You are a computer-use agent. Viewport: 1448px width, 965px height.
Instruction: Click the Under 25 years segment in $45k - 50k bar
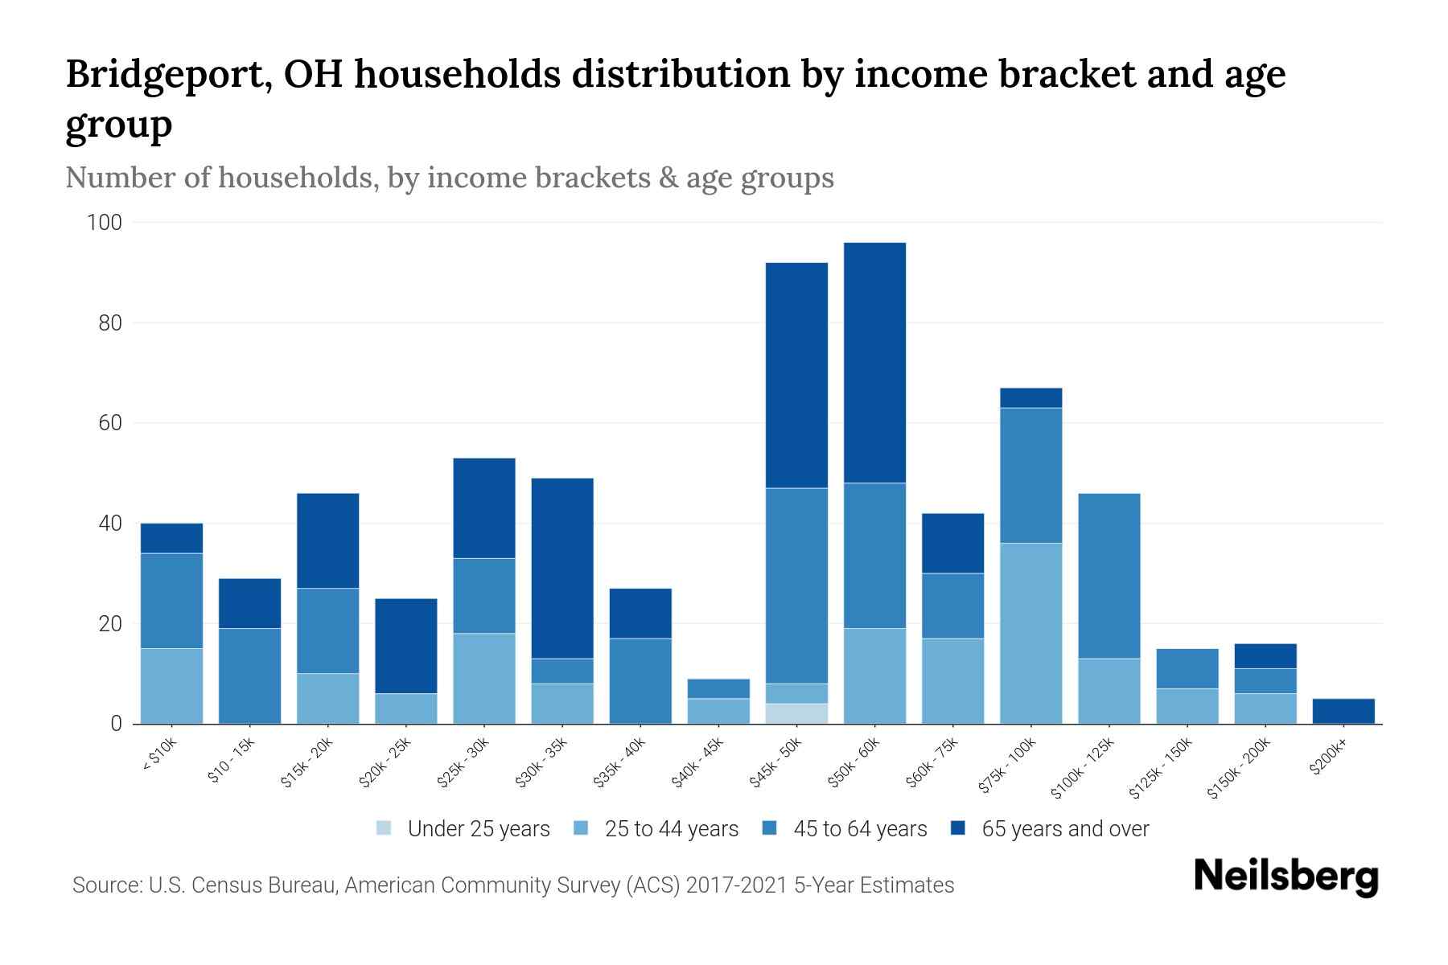pyautogui.click(x=796, y=713)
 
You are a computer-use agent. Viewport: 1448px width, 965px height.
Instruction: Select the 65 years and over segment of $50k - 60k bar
pyautogui.click(x=874, y=363)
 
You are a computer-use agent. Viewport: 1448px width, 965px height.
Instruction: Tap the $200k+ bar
pyautogui.click(x=1343, y=711)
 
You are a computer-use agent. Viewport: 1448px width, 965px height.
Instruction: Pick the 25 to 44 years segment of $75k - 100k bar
pyautogui.click(x=1030, y=634)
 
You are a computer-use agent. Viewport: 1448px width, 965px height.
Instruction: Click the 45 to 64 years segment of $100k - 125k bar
pyautogui.click(x=1109, y=576)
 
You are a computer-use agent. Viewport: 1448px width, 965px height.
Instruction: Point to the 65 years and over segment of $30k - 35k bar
pyautogui.click(x=562, y=569)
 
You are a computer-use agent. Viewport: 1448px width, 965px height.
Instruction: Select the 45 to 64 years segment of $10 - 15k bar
pyautogui.click(x=249, y=675)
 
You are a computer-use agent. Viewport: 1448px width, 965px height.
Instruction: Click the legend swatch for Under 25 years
pyautogui.click(x=385, y=828)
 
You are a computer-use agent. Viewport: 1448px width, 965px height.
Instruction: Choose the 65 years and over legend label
pyautogui.click(x=1065, y=829)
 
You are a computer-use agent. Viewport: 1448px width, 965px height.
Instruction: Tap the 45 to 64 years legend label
pyautogui.click(x=859, y=829)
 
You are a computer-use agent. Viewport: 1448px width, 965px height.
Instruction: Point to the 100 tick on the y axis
pyautogui.click(x=104, y=223)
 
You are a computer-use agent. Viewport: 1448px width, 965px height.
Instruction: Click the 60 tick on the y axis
pyautogui.click(x=109, y=423)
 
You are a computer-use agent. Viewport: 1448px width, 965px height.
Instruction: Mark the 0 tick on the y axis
pyautogui.click(x=116, y=724)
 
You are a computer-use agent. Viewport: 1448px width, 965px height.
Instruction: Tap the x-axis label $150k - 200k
pyautogui.click(x=1240, y=769)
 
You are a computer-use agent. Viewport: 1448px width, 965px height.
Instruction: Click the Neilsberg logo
pyautogui.click(x=1286, y=877)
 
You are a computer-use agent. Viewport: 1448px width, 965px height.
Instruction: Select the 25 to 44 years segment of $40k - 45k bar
pyautogui.click(x=718, y=711)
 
